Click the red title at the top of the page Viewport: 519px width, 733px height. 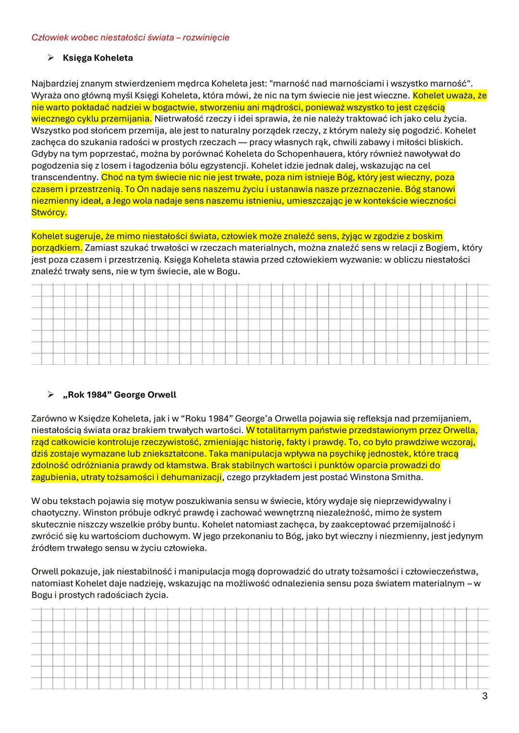pyautogui.click(x=130, y=37)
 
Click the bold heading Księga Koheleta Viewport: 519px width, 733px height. pyautogui.click(x=98, y=58)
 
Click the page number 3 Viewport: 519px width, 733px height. pyautogui.click(x=484, y=696)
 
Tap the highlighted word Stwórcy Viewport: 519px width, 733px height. pyautogui.click(x=49, y=213)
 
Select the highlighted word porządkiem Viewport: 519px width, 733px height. pyautogui.click(x=56, y=248)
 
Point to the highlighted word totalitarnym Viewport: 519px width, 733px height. pyautogui.click(x=281, y=430)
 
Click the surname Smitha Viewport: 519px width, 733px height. pyautogui.click(x=407, y=477)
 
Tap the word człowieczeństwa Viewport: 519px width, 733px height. pyautogui.click(x=441, y=572)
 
